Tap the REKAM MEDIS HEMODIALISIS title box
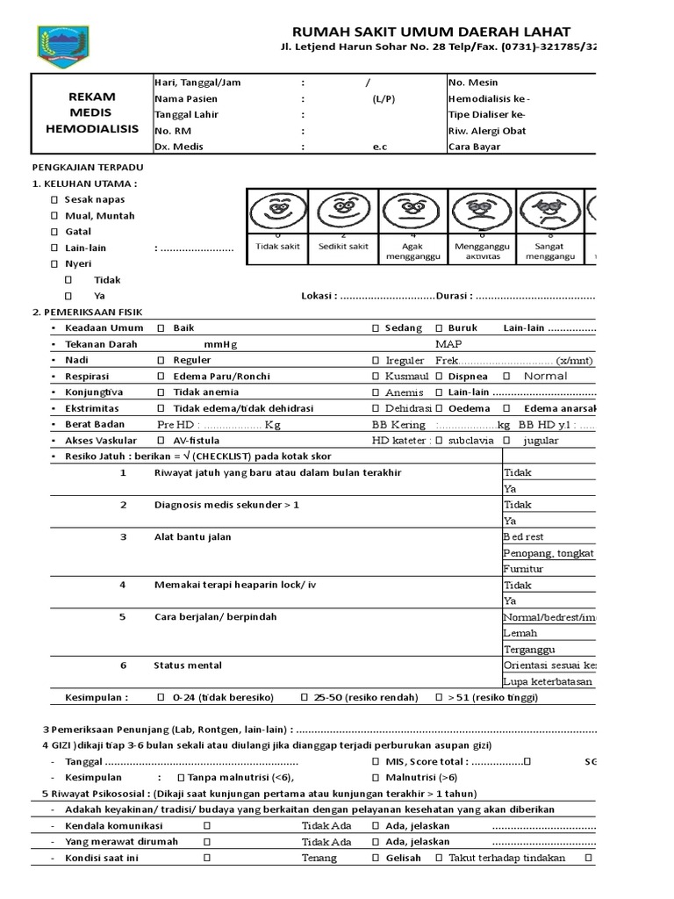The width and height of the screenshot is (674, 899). click(x=91, y=113)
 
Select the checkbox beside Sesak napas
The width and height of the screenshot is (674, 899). click(x=54, y=199)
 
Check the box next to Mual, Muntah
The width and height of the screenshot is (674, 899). click(x=54, y=216)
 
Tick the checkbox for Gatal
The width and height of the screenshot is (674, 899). click(x=54, y=232)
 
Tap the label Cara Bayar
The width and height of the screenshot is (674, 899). click(x=474, y=147)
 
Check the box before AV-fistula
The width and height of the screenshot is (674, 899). click(x=161, y=441)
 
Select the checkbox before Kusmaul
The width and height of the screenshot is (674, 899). click(x=376, y=377)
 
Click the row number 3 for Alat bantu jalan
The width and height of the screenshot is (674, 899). click(x=124, y=536)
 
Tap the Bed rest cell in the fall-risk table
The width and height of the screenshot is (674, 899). click(x=524, y=536)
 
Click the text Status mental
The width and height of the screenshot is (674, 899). click(x=188, y=665)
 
